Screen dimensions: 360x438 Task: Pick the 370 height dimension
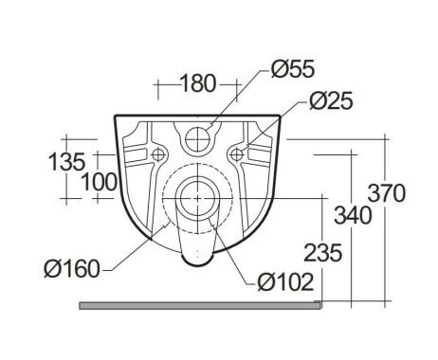pyautogui.click(x=389, y=193)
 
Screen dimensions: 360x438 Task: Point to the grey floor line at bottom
pyautogui.click(x=200, y=305)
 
